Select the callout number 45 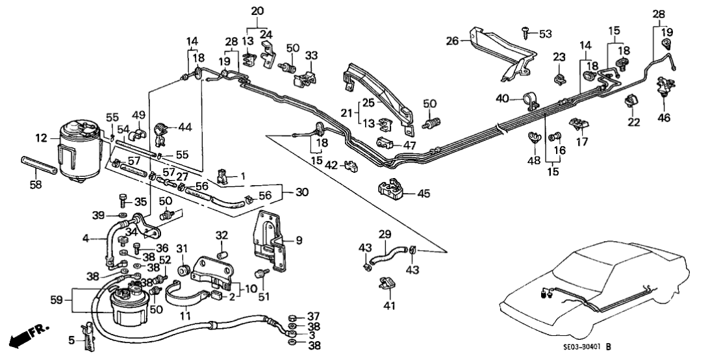pyautogui.click(x=423, y=192)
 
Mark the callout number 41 pyautogui.click(x=389, y=305)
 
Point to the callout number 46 pyautogui.click(x=664, y=118)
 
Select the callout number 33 pyautogui.click(x=312, y=56)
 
